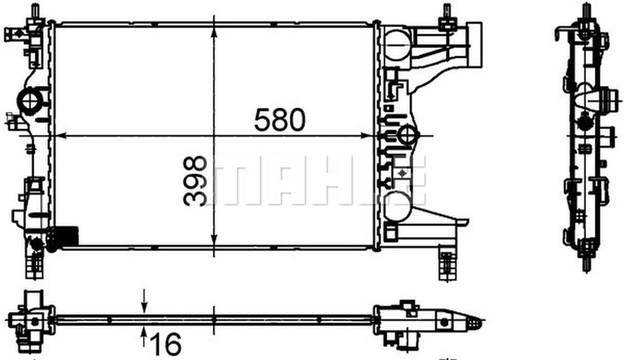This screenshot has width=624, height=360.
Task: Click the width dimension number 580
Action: point(280,120)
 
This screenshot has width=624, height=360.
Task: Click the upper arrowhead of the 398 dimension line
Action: point(214,30)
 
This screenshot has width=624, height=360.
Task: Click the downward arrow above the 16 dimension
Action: point(144,306)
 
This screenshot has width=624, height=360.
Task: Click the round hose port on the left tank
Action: point(30,100)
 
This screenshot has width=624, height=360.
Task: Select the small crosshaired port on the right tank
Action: point(407,135)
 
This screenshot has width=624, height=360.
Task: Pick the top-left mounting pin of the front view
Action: point(36,11)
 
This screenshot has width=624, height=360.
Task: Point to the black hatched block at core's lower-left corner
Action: point(66,236)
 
